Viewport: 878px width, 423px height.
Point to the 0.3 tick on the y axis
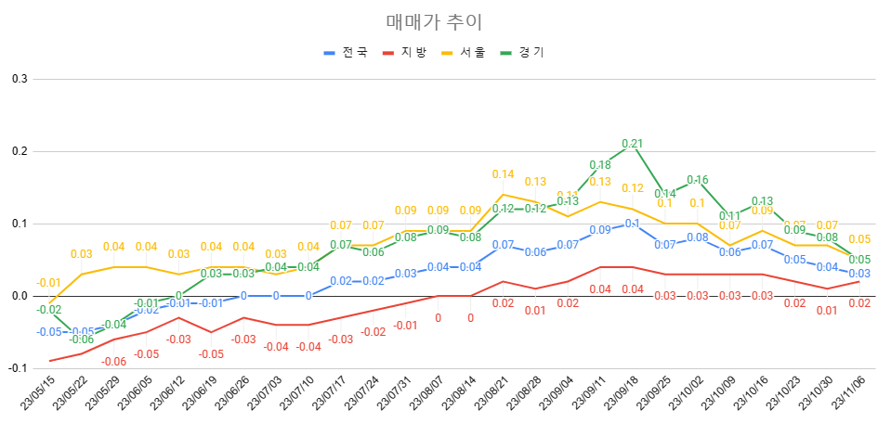(x=19, y=79)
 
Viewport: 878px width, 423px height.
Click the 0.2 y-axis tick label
(x=19, y=151)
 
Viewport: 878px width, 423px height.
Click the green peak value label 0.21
(x=632, y=144)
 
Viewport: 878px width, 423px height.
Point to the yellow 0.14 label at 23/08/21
(x=503, y=174)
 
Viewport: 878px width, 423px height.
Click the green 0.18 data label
(x=600, y=165)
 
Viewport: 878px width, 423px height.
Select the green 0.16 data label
(x=698, y=180)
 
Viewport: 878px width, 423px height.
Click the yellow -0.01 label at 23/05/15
(x=48, y=283)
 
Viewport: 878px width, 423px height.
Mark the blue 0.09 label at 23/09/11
(x=600, y=230)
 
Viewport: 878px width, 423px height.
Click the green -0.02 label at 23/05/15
(x=49, y=310)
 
